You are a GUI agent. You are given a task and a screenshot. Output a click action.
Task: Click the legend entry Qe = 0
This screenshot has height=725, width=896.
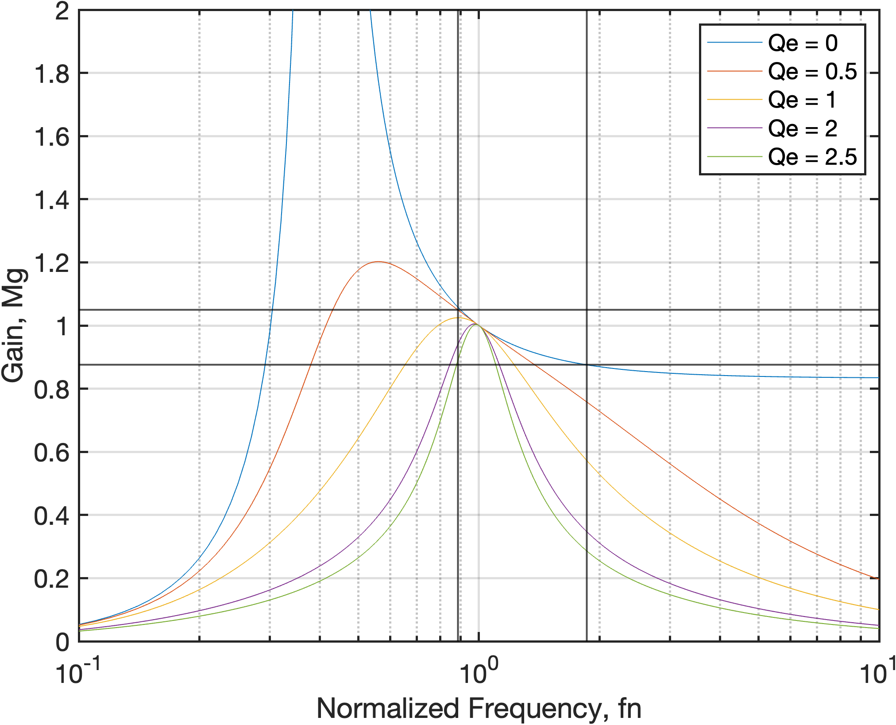click(802, 43)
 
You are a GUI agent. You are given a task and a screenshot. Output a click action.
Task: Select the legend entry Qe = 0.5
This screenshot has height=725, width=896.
click(812, 71)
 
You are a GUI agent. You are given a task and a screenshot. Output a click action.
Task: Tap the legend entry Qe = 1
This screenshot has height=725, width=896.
click(801, 100)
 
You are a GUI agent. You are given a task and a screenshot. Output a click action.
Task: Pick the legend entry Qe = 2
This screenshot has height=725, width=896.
click(802, 128)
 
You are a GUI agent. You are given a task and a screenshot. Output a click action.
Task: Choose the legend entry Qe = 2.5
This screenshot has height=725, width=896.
click(812, 157)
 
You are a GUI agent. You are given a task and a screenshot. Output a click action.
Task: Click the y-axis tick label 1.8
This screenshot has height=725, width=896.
click(51, 74)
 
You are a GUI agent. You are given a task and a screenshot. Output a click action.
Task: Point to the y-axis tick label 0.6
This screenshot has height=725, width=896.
click(51, 453)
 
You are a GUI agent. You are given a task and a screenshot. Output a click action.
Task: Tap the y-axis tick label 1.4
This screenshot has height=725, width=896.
click(51, 200)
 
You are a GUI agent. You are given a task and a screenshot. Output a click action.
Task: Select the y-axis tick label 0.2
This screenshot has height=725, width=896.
click(51, 579)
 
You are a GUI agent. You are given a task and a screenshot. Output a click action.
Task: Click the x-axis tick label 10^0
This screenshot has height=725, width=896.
click(478, 672)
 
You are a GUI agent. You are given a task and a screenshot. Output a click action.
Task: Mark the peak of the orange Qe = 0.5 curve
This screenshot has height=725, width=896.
click(377, 262)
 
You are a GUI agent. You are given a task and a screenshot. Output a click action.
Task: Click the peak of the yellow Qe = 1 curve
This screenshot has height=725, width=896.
click(457, 318)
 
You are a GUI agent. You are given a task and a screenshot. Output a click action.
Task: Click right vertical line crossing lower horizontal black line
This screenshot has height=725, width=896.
click(587, 364)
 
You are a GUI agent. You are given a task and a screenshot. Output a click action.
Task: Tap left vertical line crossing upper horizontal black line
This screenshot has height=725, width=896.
click(458, 310)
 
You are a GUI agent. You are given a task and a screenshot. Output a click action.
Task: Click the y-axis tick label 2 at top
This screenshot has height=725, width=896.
click(62, 11)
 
